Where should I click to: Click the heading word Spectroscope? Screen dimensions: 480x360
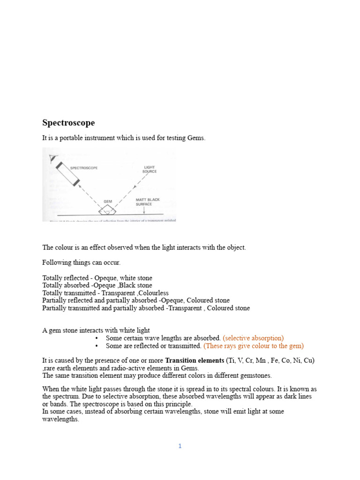point(68,123)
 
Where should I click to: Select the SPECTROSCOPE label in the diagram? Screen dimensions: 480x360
point(83,168)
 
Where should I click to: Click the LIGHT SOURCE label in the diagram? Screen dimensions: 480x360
point(150,169)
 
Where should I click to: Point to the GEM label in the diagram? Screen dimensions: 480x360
point(108,201)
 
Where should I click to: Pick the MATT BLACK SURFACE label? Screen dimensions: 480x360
point(147,202)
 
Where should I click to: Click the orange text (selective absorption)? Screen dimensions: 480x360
point(253,337)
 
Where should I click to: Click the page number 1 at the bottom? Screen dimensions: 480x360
point(180,446)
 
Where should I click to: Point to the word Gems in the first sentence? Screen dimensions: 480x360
point(196,138)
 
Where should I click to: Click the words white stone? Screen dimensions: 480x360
point(135,278)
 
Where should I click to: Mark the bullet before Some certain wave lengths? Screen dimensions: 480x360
point(97,338)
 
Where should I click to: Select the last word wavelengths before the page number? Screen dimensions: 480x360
point(60,419)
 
